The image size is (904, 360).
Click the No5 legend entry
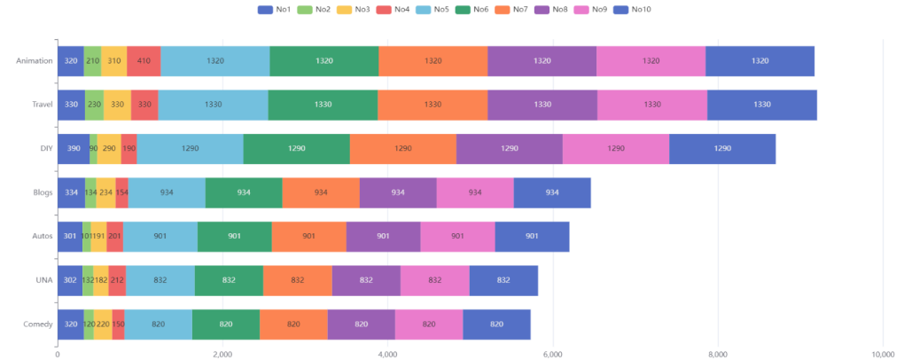click(x=432, y=9)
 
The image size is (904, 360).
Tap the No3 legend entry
click(x=327, y=9)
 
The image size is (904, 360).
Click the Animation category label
click(x=34, y=61)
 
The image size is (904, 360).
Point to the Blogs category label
click(x=40, y=192)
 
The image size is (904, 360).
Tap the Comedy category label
click(x=37, y=324)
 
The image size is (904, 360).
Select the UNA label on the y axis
click(x=43, y=280)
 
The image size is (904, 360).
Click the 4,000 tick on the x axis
click(x=387, y=354)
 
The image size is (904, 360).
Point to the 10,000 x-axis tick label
click(x=883, y=354)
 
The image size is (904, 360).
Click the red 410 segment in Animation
click(x=144, y=61)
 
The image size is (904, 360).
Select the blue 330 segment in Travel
click(x=71, y=105)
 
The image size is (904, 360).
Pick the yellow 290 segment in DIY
click(x=109, y=148)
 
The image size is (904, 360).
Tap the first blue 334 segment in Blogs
click(x=71, y=192)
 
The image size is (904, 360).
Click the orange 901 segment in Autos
click(x=308, y=236)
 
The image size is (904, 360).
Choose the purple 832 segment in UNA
click(x=366, y=280)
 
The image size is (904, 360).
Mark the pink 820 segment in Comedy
click(x=429, y=324)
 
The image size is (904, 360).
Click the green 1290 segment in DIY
click(x=296, y=148)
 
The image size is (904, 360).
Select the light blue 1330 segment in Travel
click(x=213, y=105)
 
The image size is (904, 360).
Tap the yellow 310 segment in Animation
click(x=113, y=61)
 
